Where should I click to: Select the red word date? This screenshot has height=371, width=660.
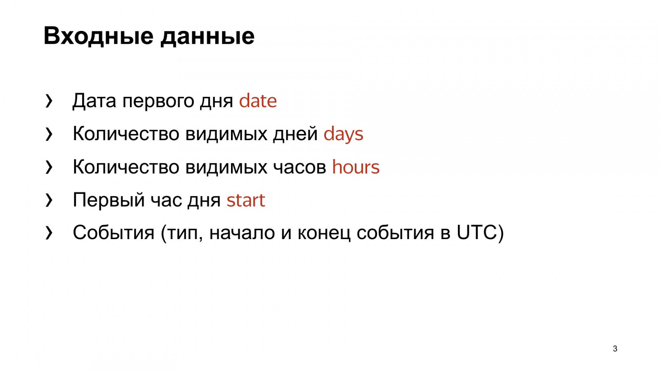[258, 101]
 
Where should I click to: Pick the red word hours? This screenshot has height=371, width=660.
[356, 167]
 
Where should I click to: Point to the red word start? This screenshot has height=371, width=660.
[246, 200]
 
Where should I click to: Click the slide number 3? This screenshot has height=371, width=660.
[615, 349]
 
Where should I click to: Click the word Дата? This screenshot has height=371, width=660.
[94, 101]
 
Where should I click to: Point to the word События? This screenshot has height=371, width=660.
[113, 232]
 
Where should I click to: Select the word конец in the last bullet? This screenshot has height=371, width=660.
[324, 233]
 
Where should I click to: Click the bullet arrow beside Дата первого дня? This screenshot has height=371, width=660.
[49, 101]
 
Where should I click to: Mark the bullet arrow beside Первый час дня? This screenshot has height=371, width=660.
[49, 200]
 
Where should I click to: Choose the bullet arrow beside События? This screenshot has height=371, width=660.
[49, 233]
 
